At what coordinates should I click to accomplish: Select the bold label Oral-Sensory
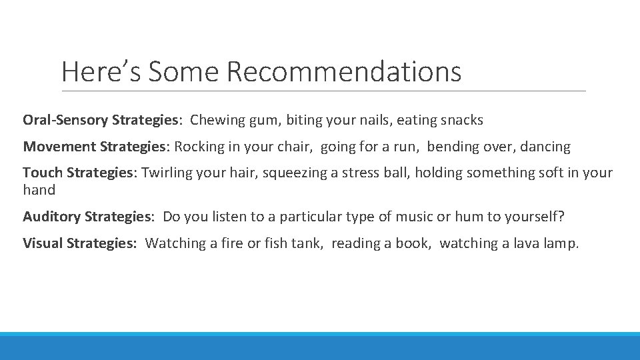[65, 121]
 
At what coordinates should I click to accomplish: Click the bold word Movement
[59, 147]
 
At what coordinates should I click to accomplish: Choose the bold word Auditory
[52, 217]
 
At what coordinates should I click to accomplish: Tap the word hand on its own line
[39, 190]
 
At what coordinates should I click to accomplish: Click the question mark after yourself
[561, 217]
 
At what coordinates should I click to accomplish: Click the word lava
[526, 243]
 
